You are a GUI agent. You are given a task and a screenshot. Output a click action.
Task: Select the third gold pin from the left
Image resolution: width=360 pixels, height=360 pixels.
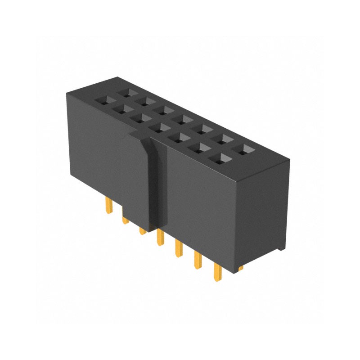coord(142,230)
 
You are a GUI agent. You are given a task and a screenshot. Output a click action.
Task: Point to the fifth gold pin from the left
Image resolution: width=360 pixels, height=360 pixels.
coord(178,248)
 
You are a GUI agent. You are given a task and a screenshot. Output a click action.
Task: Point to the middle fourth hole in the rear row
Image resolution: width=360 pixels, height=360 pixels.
coord(183,119)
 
